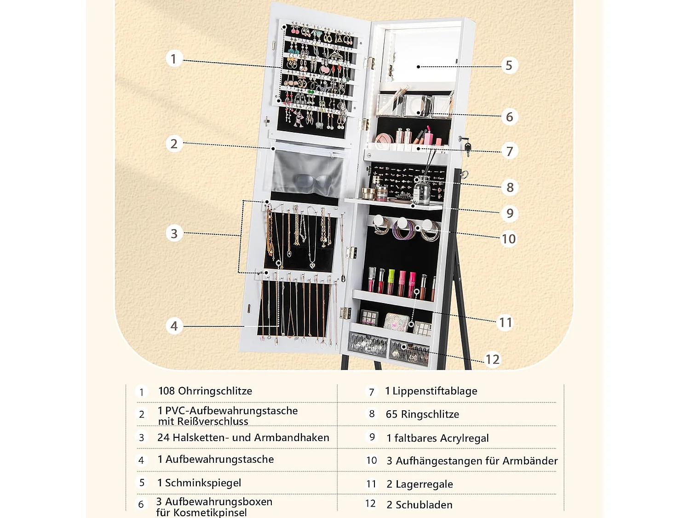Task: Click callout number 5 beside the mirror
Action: coord(509,65)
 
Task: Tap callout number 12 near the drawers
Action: coord(492,359)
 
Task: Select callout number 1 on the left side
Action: coord(173,58)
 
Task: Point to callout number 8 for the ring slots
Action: coord(510,187)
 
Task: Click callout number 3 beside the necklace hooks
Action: coord(174,233)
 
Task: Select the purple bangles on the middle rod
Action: coord(403,231)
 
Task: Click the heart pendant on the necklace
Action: coord(312,266)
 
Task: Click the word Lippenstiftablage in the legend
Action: coord(435,391)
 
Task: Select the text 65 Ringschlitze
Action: coord(422,414)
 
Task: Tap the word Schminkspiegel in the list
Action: coord(203,483)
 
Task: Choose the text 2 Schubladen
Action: coord(420,505)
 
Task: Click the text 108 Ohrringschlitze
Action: coord(205,391)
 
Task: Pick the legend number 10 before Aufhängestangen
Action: coord(372,460)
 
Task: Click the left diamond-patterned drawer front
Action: coord(368,345)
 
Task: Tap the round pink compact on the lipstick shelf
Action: coord(383,140)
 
